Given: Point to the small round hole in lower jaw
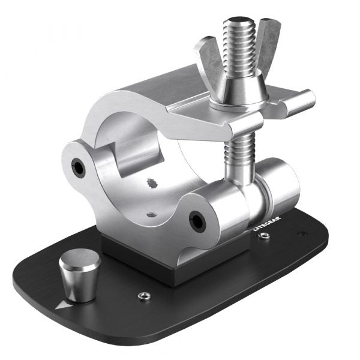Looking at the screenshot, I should (151, 212).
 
